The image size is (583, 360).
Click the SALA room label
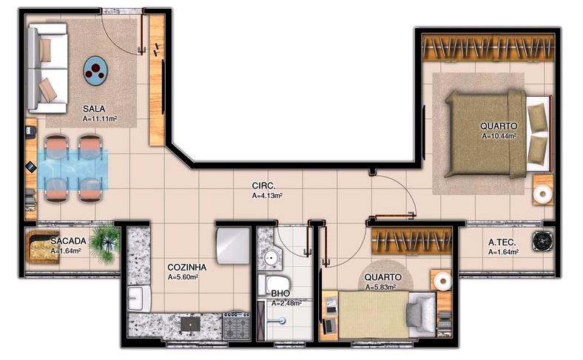(94, 108)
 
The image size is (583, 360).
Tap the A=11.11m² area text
(100, 118)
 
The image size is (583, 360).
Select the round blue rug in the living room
(97, 69)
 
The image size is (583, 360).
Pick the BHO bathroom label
(280, 293)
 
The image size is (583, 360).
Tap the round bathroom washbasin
(272, 258)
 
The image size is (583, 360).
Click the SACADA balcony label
(68, 241)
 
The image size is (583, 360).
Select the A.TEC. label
(502, 242)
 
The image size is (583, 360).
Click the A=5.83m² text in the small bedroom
(380, 288)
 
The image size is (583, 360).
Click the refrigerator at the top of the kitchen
(232, 244)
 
